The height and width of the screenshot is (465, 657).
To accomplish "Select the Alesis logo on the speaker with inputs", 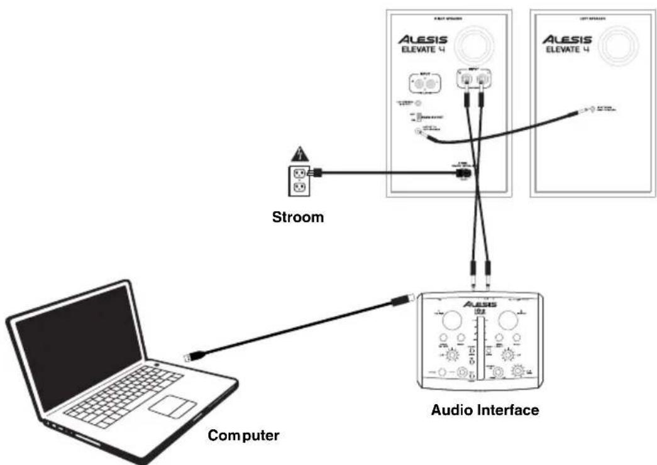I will (422, 39).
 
